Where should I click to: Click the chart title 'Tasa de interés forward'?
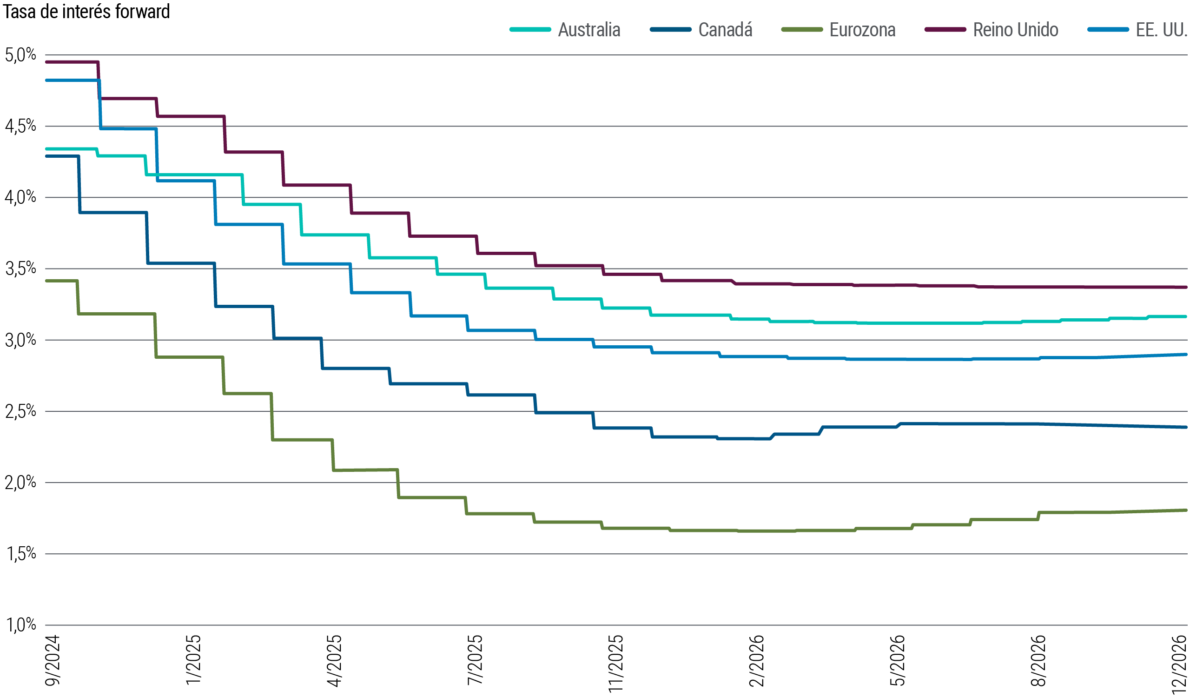tap(86, 12)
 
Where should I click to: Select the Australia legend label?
tap(589, 30)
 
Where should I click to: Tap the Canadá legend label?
tap(725, 30)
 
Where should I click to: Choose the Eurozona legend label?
tap(862, 30)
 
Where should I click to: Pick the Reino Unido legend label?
tap(1015, 30)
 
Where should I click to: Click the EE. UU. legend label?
tap(1161, 30)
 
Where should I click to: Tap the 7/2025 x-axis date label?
tap(475, 660)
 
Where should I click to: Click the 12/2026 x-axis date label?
tap(1179, 664)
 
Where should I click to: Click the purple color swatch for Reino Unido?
tap(945, 30)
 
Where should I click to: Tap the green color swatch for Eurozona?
tap(802, 30)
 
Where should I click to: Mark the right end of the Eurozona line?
tap(1186, 510)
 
